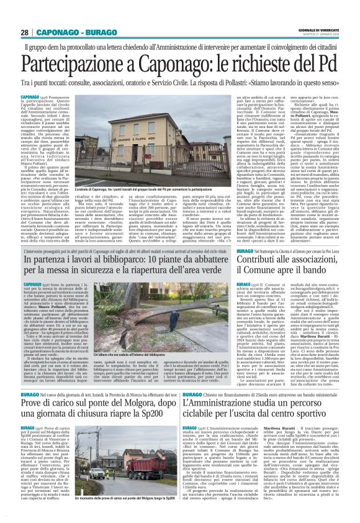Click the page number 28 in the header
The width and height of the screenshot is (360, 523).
(24, 32)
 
